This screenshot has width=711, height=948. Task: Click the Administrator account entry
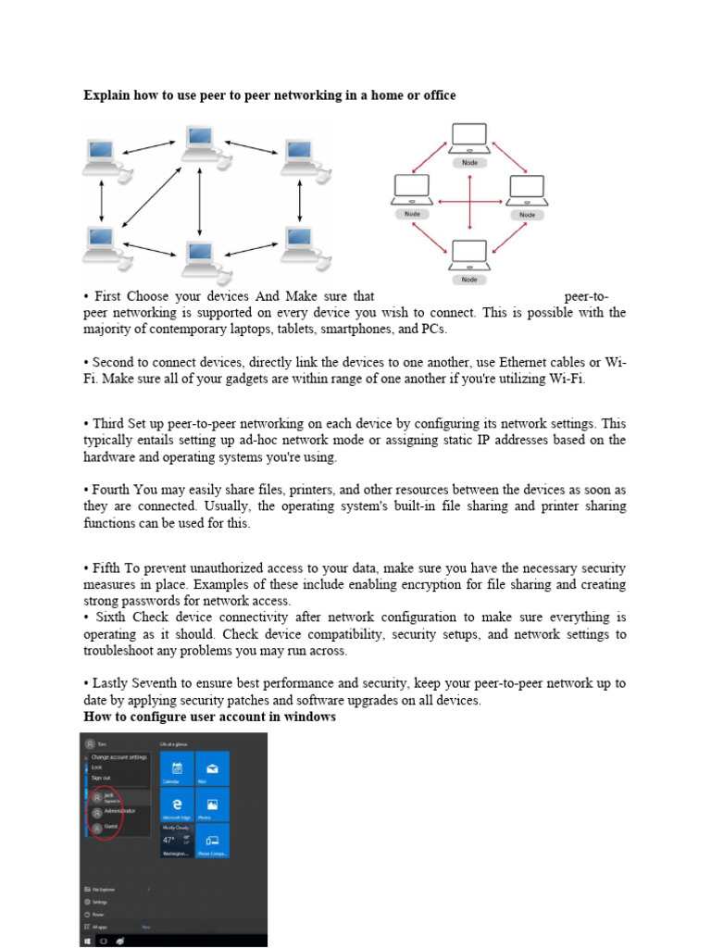(x=116, y=811)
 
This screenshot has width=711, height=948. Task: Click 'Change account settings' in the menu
(x=118, y=757)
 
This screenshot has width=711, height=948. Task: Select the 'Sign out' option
(x=101, y=778)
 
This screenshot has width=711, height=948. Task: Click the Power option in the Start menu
(x=97, y=914)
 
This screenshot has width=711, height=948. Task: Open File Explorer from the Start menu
(x=102, y=889)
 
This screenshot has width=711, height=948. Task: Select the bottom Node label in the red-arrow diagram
(x=469, y=280)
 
